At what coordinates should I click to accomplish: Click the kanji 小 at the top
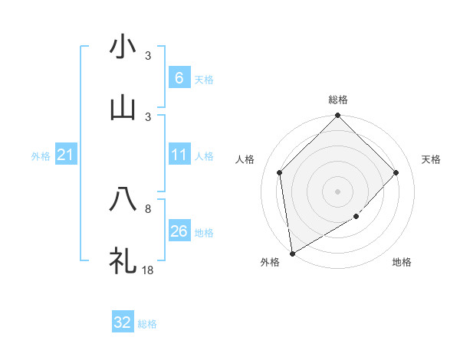pos(123,47)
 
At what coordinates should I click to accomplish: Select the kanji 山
pos(123,108)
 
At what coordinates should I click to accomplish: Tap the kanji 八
pos(123,200)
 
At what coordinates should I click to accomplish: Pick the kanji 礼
pos(123,260)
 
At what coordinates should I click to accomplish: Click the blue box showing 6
pos(179,78)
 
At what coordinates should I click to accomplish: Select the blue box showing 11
pos(179,155)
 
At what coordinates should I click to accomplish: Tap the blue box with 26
pos(179,231)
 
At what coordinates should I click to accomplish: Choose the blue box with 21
pos(65,155)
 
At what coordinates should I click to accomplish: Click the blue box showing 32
pos(123,322)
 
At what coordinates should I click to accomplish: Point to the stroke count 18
pos(149,270)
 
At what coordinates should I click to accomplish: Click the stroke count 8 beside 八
pos(148,208)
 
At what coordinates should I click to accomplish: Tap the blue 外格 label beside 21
pos(41,156)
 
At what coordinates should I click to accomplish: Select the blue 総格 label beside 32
pos(147,324)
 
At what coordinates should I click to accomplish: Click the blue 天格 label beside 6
pos(204,79)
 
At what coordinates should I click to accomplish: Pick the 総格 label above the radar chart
pos(337,100)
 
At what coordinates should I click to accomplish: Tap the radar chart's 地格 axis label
pos(402,263)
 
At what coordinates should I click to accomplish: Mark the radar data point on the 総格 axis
pos(337,116)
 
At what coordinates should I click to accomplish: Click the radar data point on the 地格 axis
pos(356,217)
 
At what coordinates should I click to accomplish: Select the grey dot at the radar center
pos(337,191)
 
